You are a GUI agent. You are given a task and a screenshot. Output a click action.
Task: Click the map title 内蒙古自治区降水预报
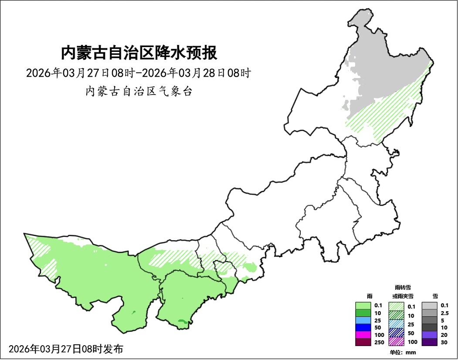139,53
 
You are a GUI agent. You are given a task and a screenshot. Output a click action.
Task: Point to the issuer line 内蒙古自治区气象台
139,92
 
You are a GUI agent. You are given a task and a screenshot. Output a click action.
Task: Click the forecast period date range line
138,73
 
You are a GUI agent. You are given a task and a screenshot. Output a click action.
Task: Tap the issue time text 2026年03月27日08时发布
66,349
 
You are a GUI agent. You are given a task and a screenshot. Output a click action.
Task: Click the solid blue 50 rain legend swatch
363,328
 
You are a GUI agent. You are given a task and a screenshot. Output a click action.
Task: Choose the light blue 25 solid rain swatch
363,320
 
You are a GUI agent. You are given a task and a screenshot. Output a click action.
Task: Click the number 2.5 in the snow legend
445,313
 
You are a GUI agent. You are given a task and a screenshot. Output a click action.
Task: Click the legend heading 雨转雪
403,288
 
